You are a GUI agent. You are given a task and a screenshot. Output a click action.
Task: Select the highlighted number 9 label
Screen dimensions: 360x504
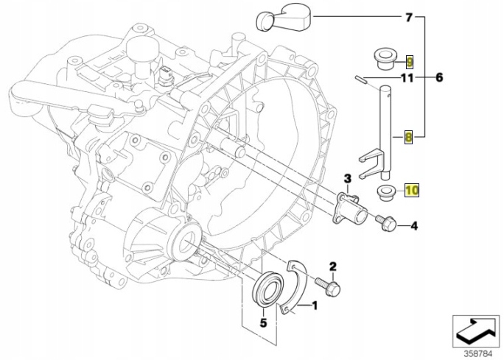[410, 59]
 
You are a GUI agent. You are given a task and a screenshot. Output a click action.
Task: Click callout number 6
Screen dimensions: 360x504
[440, 77]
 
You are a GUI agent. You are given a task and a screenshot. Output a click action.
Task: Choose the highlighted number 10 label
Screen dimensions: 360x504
[411, 190]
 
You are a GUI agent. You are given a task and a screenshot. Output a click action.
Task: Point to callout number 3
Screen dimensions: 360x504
[347, 177]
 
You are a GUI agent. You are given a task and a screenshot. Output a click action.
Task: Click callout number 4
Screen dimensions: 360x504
[414, 225]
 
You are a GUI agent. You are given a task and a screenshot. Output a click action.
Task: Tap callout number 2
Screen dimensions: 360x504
[333, 266]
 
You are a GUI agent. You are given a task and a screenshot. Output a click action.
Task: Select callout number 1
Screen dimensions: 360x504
[315, 304]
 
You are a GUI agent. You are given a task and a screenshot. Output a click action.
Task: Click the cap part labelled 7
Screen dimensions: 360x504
[284, 20]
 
